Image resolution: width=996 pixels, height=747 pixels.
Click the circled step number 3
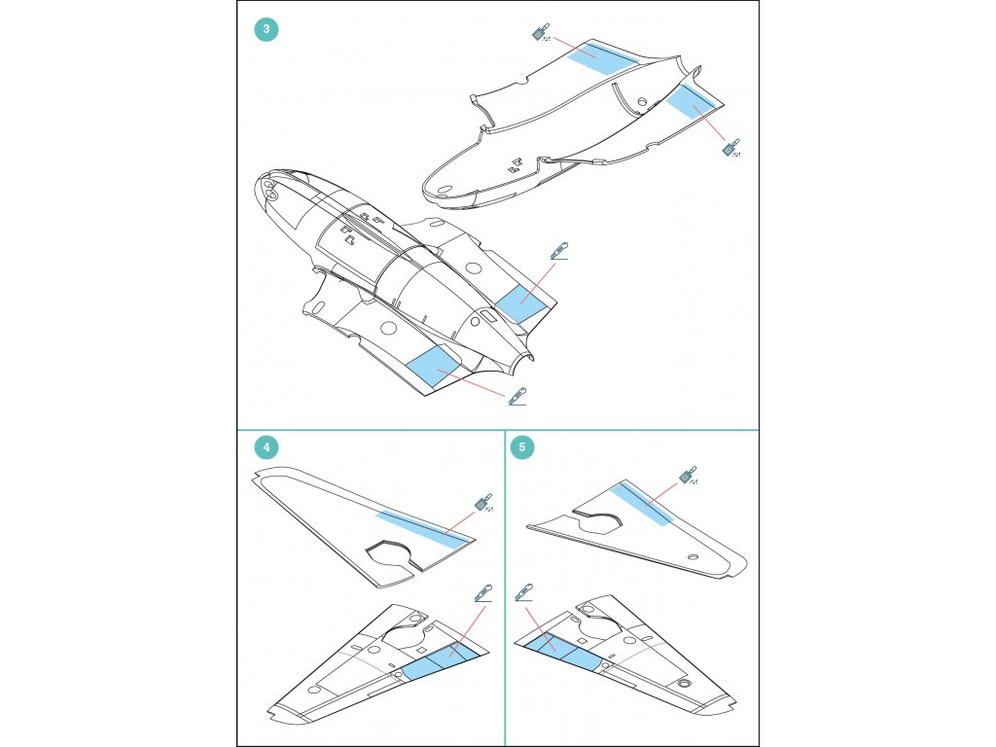pyautogui.click(x=267, y=29)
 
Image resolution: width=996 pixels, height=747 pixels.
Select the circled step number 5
pyautogui.click(x=523, y=447)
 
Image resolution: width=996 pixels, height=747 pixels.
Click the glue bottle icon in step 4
pyautogui.click(x=481, y=503)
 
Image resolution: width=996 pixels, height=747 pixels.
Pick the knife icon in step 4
pyautogui.click(x=483, y=591)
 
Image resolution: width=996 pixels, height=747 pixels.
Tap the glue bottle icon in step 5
pyautogui.click(x=689, y=476)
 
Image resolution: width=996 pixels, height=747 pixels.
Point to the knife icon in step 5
pyautogui.click(x=525, y=591)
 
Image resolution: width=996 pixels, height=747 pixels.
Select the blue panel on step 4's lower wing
pyautogui.click(x=443, y=659)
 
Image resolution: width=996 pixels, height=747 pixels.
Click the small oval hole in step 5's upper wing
pyautogui.click(x=692, y=557)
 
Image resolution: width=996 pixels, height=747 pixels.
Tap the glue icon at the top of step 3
pyautogui.click(x=539, y=33)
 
